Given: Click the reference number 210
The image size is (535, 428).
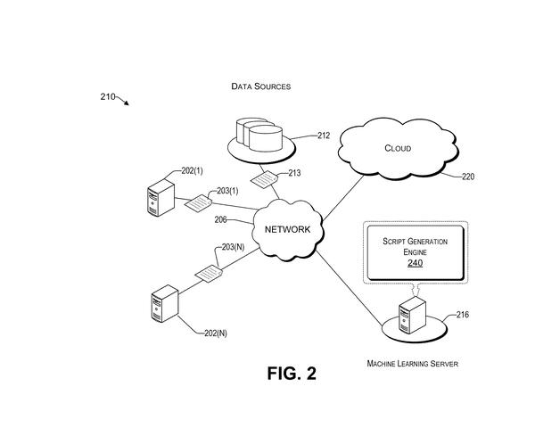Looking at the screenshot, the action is [108, 97].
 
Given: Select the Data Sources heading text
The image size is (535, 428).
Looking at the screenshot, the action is [261, 86].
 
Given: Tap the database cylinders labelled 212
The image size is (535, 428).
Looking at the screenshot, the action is [259, 134].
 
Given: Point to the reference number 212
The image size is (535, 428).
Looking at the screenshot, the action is [324, 136].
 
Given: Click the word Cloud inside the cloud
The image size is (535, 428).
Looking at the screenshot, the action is [398, 148].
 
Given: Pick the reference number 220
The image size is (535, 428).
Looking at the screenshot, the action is [468, 177].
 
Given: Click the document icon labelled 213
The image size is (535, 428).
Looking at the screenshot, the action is [264, 179].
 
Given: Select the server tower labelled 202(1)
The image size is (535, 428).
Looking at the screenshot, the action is [160, 198].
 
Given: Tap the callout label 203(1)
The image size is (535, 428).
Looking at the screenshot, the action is [227, 191].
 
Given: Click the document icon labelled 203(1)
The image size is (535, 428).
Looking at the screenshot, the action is [198, 203].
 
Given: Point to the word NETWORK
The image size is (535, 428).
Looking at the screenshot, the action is [288, 229].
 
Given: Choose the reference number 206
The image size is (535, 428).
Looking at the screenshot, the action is [220, 220].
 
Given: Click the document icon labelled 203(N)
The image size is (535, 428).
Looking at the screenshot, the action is [209, 274].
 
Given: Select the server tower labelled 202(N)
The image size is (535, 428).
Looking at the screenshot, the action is [165, 304].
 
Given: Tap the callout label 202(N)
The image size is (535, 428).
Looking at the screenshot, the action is [216, 333].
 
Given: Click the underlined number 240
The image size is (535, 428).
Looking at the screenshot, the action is [415, 263].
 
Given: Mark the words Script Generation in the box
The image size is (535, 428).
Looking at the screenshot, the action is [415, 242].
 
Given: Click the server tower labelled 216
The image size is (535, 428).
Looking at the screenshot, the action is [412, 315].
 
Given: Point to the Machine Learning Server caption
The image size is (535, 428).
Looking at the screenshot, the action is [413, 364].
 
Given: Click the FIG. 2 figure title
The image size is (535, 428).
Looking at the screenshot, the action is [292, 374].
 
